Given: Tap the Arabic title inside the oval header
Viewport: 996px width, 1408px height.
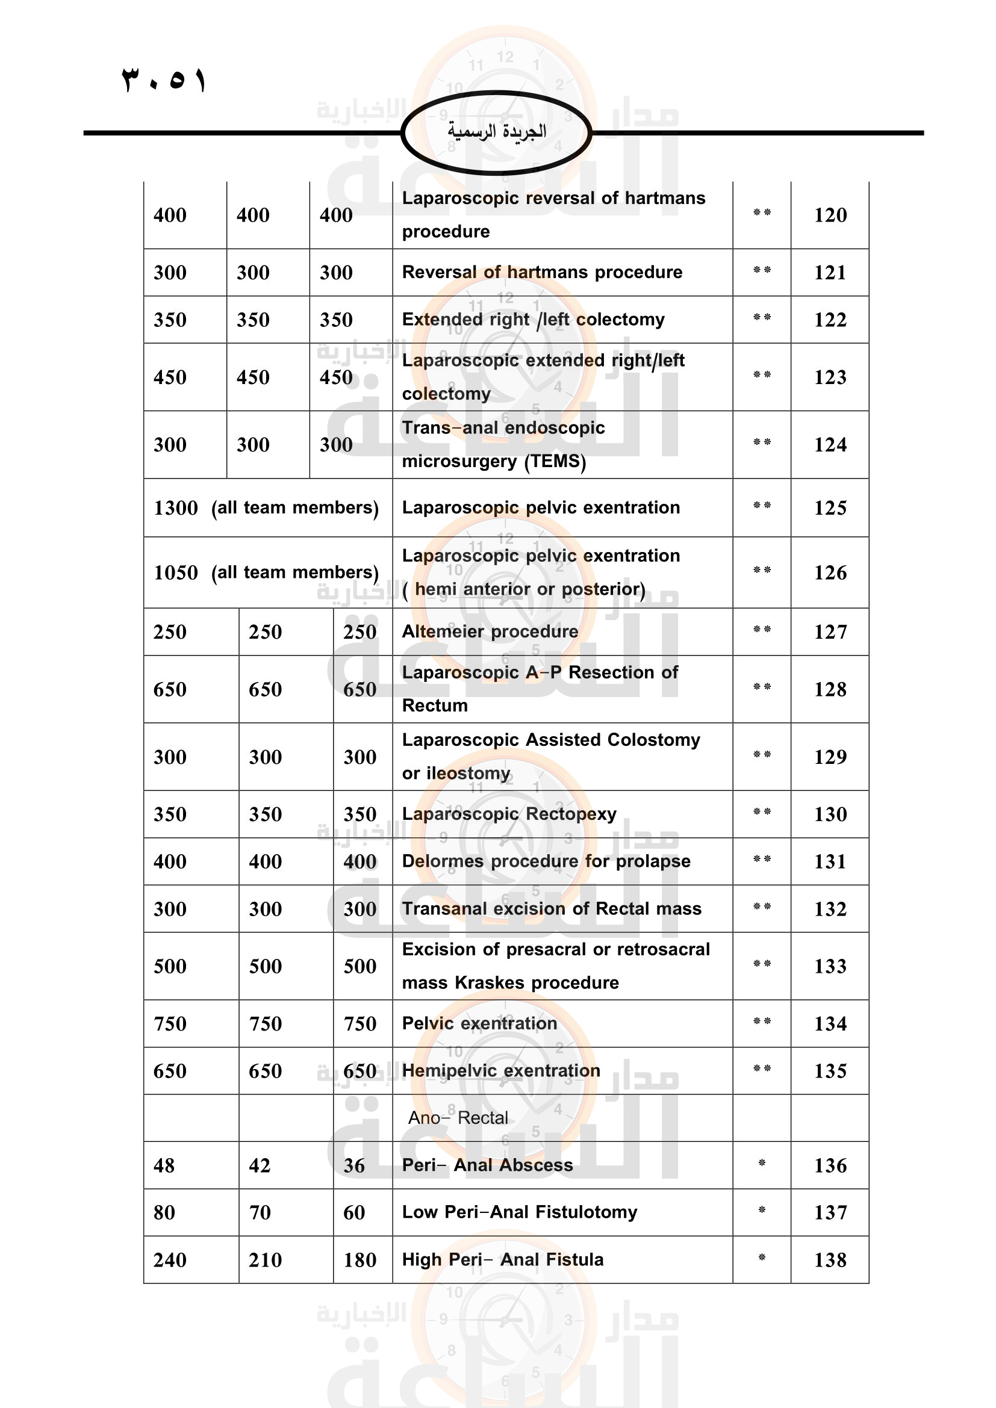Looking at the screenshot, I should pyautogui.click(x=496, y=131).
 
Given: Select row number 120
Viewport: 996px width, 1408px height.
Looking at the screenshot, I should pyautogui.click(x=830, y=216).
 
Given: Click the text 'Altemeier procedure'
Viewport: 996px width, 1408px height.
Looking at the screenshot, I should pyautogui.click(x=490, y=631).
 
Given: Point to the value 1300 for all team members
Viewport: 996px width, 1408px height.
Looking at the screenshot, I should pyautogui.click(x=175, y=508).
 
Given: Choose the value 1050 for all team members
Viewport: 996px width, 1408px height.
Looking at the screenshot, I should pyautogui.click(x=175, y=572).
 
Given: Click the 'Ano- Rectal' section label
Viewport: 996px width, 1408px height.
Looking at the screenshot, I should pyautogui.click(x=458, y=1118).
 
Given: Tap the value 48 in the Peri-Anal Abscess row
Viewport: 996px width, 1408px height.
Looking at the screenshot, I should pyautogui.click(x=164, y=1165).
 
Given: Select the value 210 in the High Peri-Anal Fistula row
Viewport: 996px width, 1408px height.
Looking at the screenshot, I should pyautogui.click(x=265, y=1259).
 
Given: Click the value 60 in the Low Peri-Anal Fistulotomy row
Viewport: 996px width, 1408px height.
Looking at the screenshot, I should pyautogui.click(x=354, y=1212).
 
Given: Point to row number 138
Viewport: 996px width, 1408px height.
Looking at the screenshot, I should pyautogui.click(x=830, y=1259).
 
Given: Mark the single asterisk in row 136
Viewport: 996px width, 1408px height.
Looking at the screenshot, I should pyautogui.click(x=762, y=1164).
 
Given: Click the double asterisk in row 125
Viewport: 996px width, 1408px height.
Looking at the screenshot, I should pyautogui.click(x=762, y=506).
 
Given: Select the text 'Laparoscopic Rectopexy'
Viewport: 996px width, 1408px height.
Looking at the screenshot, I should pyautogui.click(x=509, y=814).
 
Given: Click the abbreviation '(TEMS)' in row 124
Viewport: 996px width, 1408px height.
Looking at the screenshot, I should pyautogui.click(x=555, y=461).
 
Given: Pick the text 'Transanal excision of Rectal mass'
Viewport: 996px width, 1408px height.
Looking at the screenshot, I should pyautogui.click(x=552, y=909).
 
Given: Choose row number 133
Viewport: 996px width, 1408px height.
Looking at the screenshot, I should pyautogui.click(x=830, y=967).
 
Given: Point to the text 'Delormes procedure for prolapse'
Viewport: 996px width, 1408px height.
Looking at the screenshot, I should pyautogui.click(x=546, y=861).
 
